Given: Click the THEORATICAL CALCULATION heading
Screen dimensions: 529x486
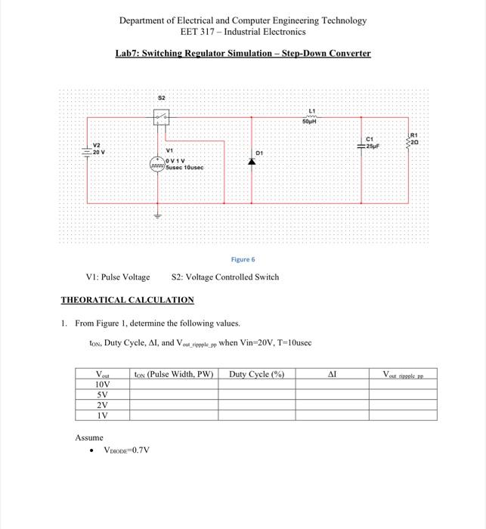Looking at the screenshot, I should [x=127, y=300].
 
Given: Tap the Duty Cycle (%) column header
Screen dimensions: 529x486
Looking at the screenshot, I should [x=256, y=373].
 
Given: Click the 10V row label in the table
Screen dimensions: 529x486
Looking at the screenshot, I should [x=103, y=383].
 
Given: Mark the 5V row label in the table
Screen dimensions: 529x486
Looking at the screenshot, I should [x=103, y=394].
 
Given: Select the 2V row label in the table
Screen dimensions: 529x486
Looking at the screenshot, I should [x=103, y=404].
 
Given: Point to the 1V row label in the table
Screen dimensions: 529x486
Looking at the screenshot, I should [x=103, y=415].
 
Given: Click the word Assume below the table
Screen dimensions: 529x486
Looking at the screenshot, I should [x=88, y=438].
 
